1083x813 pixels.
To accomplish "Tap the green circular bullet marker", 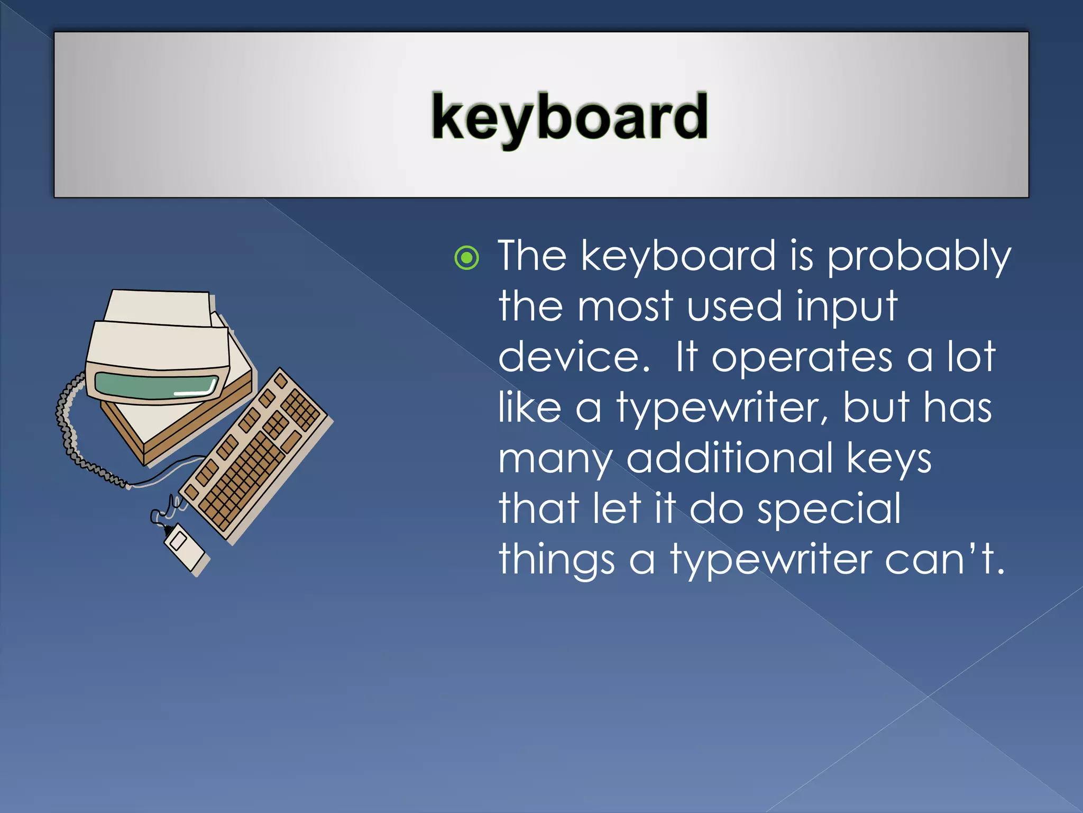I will tap(467, 258).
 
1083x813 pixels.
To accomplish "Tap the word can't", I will tap(943, 559).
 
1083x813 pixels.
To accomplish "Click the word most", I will tap(626, 307).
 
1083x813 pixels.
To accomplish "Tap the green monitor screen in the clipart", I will tap(157, 385).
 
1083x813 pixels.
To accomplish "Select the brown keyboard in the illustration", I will tap(256, 455).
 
